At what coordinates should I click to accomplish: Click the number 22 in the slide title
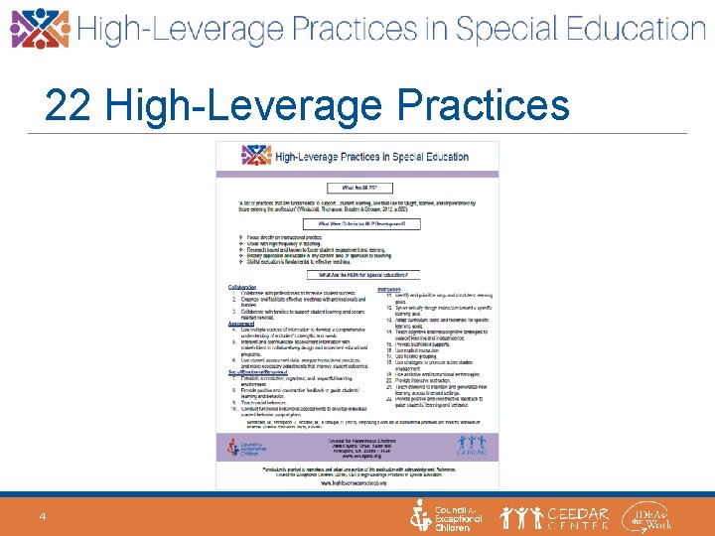[x=68, y=105]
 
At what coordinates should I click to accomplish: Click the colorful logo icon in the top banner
[x=40, y=29]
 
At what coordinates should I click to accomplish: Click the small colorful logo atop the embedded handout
[x=256, y=156]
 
